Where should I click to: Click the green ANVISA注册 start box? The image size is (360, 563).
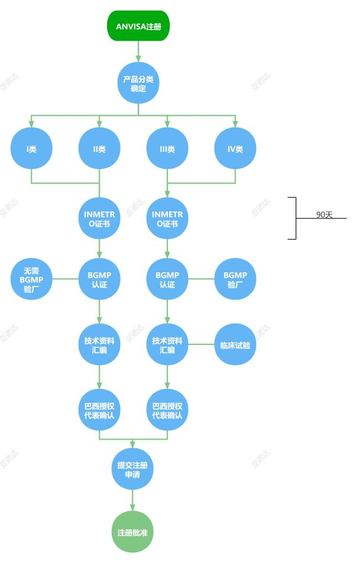138,26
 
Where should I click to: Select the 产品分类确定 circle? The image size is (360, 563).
138,83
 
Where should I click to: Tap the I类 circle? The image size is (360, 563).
31,148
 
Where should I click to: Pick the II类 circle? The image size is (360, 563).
99,148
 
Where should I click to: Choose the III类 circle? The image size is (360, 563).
167,148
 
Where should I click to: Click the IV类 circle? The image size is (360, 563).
235,148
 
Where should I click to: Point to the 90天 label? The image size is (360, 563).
325,214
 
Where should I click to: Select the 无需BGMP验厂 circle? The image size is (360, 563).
31,279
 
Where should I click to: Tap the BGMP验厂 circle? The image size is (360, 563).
235,279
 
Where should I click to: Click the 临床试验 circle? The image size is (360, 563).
235,344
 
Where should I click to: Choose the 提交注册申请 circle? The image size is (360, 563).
132,469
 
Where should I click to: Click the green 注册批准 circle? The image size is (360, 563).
132,532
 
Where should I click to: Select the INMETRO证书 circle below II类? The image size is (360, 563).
99,219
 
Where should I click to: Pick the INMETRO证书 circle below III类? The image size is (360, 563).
167,219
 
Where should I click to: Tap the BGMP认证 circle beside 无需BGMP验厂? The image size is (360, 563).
99,279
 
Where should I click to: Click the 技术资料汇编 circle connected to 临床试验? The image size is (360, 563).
167,344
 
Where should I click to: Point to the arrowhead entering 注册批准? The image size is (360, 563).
132,507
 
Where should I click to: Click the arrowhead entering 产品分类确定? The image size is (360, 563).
138,58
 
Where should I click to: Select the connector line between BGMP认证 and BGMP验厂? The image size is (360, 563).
201,279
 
